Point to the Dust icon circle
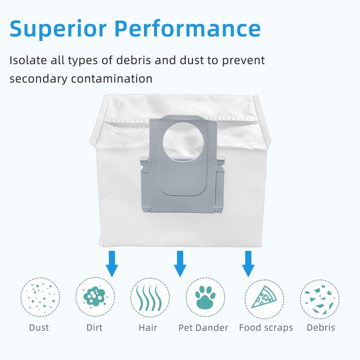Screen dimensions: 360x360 point(40,297)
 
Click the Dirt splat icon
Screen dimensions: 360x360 point(95,297)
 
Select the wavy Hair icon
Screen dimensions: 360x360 point(150,297)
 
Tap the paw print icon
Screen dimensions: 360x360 point(205,297)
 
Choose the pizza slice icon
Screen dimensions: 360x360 point(264,297)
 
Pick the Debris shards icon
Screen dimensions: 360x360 point(320,297)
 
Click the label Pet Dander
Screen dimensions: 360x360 point(203,328)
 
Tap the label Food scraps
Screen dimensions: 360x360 point(266,328)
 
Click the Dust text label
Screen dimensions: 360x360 point(39,328)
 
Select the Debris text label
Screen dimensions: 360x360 point(321,328)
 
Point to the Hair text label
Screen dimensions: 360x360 point(148,328)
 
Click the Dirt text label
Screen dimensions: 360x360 point(94,328)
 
